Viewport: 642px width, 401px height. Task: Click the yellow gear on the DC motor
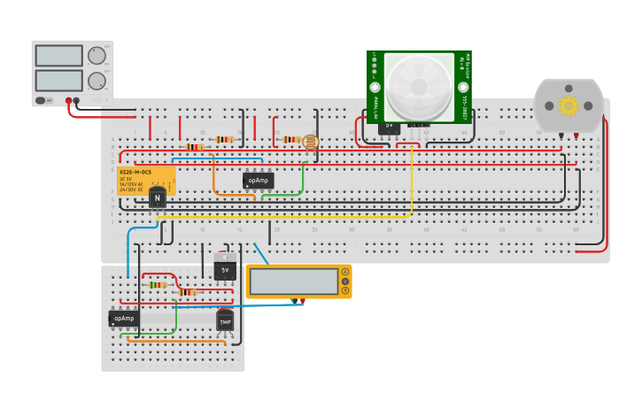coord(568,106)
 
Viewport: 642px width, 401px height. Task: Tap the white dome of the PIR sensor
coord(419,86)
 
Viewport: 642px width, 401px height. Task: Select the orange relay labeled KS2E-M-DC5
coord(145,179)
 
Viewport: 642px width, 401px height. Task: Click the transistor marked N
coord(158,197)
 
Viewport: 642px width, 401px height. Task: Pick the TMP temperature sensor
coord(225,320)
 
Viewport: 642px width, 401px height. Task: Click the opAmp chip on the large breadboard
coord(258,180)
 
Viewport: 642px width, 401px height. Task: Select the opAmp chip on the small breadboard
coord(124,318)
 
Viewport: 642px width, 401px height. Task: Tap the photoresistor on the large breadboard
coord(310,141)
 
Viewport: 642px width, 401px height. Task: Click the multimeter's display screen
coord(294,281)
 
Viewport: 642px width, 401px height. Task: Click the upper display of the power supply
coord(58,56)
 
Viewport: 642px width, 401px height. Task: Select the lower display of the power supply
coord(58,81)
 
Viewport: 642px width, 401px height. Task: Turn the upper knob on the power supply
coord(97,56)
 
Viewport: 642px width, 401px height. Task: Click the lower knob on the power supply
coord(97,81)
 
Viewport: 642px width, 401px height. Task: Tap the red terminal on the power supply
coord(67,101)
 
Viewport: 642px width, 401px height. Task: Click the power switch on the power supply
coord(40,100)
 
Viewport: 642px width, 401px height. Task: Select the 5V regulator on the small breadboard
coord(225,268)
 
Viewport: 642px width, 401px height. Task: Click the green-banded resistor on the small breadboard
coord(159,284)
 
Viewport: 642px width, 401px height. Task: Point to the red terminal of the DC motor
coord(576,135)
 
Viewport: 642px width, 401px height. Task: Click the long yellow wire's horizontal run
coord(283,215)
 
